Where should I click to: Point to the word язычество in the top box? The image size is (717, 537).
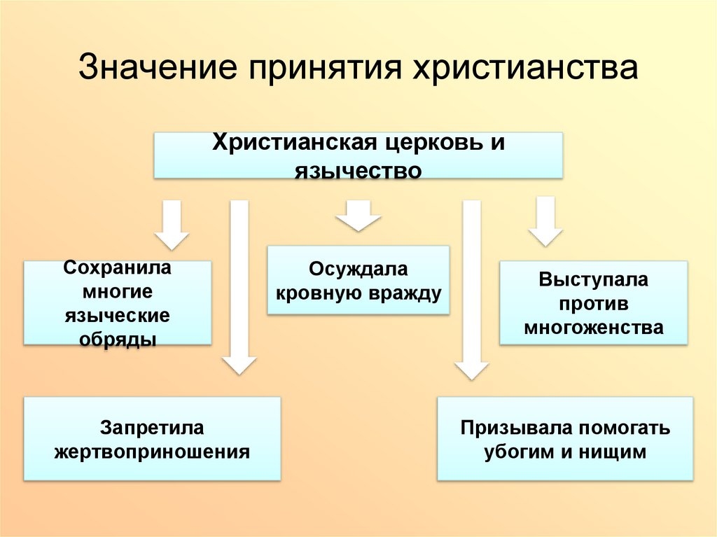pyautogui.click(x=358, y=170)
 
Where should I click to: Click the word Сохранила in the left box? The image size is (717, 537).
pyautogui.click(x=118, y=267)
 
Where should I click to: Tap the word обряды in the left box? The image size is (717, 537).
pyautogui.click(x=118, y=339)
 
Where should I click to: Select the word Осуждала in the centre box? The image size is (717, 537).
pyautogui.click(x=358, y=270)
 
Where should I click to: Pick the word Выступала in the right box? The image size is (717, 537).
pyautogui.click(x=594, y=280)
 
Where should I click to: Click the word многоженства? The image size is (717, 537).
pyautogui.click(x=594, y=328)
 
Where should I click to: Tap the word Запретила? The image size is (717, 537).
pyautogui.click(x=152, y=427)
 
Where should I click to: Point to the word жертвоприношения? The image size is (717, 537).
pyautogui.click(x=152, y=452)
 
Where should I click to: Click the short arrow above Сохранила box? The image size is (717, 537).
pyautogui.click(x=172, y=224)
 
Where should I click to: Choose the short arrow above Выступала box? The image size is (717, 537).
pyautogui.click(x=545, y=221)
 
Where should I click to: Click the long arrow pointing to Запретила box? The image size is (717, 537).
pyautogui.click(x=239, y=287)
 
